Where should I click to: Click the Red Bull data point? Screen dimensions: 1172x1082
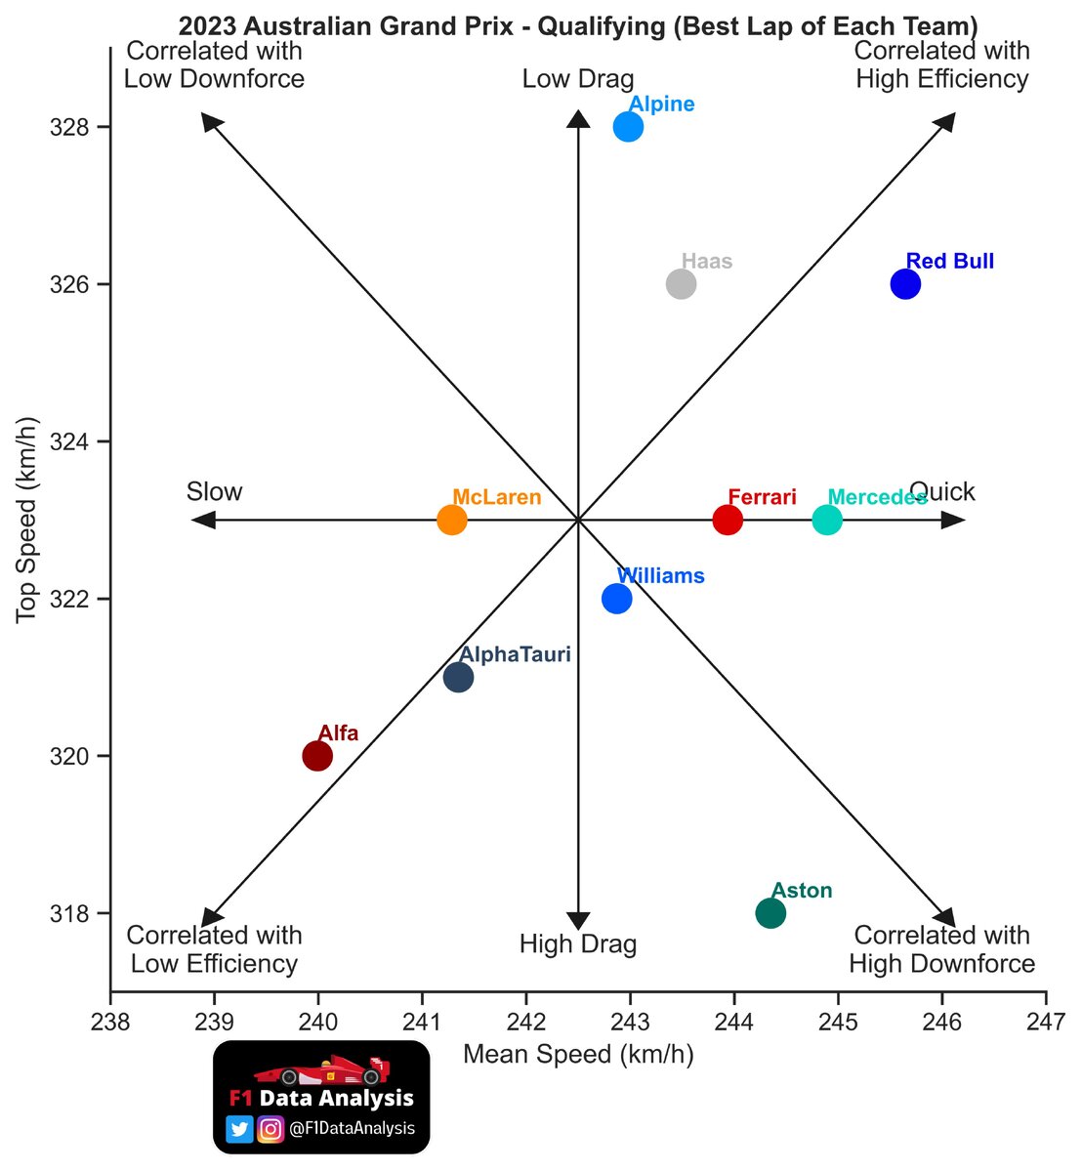(x=905, y=284)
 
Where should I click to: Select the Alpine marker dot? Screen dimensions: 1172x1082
(x=628, y=127)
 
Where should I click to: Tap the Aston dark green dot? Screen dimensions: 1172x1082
(x=770, y=913)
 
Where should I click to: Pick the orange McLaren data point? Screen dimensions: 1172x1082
(x=451, y=520)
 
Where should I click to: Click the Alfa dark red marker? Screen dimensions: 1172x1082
(x=317, y=756)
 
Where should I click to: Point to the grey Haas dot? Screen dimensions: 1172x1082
(x=681, y=284)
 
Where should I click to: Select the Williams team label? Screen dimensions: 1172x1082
(x=660, y=576)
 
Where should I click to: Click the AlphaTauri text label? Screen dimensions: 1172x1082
(x=515, y=654)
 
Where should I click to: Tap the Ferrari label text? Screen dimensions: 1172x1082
(x=763, y=497)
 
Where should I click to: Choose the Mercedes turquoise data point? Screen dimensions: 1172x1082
(x=827, y=520)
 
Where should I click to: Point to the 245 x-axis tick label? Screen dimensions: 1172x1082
(x=838, y=1023)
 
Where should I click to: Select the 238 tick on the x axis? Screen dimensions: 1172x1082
(x=110, y=1023)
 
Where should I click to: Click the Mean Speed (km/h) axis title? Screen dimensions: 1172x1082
(x=578, y=1055)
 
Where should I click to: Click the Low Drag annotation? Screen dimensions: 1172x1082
(x=578, y=79)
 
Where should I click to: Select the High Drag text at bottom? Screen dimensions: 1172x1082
(x=578, y=944)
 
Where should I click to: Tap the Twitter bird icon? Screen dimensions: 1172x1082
(x=239, y=1129)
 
